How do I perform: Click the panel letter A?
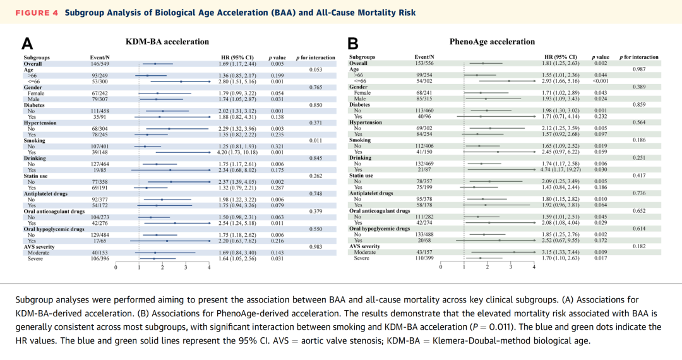(27, 44)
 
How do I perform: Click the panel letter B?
(352, 44)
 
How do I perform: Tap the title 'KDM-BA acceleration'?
(167, 42)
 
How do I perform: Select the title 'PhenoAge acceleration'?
(492, 42)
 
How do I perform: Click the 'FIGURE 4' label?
(36, 13)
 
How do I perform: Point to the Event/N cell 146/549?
(100, 64)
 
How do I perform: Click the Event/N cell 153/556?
(423, 64)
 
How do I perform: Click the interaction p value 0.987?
(639, 68)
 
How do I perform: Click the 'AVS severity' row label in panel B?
(364, 246)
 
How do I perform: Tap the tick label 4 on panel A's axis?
(209, 268)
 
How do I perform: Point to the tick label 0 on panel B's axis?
(441, 268)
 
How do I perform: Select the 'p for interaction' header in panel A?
(315, 58)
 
